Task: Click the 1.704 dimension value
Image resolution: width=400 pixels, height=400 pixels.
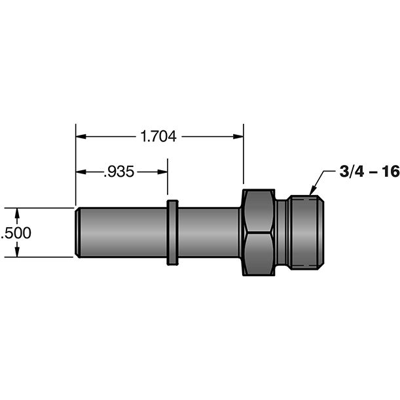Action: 158,136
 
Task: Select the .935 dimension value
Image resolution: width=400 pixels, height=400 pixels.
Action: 119,172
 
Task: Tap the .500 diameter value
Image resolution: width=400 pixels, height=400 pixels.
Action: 16,233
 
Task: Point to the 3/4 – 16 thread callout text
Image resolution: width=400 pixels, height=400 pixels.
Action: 370,172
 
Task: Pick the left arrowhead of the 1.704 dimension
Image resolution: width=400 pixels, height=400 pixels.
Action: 81,136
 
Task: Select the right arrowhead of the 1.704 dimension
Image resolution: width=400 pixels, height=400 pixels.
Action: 238,136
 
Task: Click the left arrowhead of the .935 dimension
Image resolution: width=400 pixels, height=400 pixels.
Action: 81,172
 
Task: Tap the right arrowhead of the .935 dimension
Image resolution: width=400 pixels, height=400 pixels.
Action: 162,172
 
